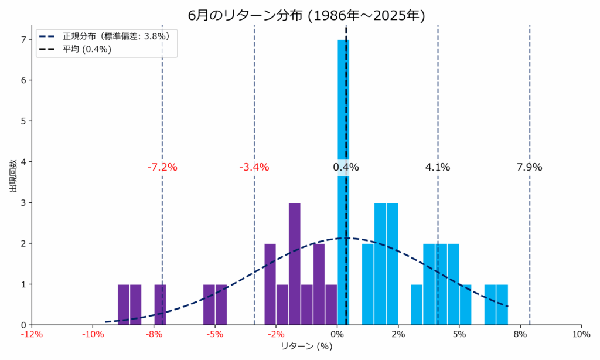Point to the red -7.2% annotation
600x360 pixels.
[162, 167]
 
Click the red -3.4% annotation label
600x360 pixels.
[254, 167]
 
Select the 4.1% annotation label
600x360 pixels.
[438, 167]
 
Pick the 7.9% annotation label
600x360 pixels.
[529, 167]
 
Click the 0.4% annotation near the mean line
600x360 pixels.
[346, 167]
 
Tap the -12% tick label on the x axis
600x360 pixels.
[32, 335]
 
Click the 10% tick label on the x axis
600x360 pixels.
[581, 335]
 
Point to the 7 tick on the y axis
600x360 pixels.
[24, 40]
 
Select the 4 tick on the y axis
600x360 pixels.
[24, 162]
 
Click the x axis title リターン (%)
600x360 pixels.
[306, 347]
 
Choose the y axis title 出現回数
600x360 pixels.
[13, 176]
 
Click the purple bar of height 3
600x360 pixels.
[295, 264]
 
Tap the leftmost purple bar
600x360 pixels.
[123, 305]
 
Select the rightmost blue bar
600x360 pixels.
[502, 305]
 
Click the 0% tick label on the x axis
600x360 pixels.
[337, 335]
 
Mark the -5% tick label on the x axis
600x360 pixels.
[214, 335]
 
